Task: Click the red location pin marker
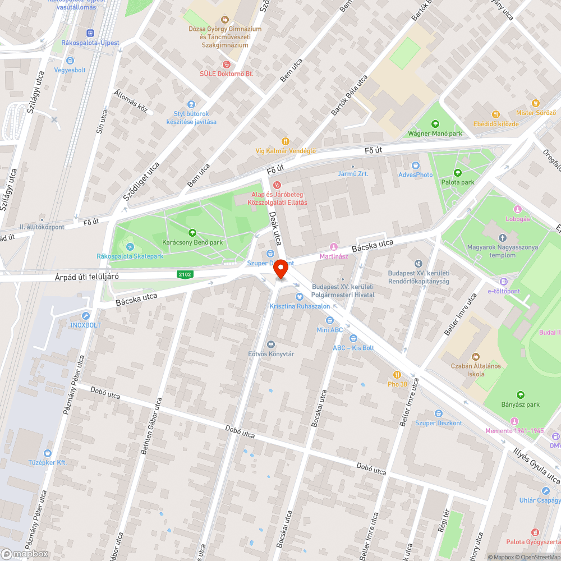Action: [x=280, y=270]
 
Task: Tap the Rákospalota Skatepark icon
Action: [x=130, y=247]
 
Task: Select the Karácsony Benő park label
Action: [x=192, y=242]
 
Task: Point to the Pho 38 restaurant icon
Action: [x=397, y=375]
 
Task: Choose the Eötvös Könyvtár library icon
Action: [x=272, y=344]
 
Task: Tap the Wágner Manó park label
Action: [x=435, y=134]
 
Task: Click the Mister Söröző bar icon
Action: [x=536, y=103]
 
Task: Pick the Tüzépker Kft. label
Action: [x=47, y=462]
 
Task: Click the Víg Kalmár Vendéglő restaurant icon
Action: [x=286, y=141]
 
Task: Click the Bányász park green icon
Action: [x=520, y=395]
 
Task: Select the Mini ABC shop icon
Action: [x=329, y=320]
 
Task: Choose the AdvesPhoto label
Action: [x=416, y=174]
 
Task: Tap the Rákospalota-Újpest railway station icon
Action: [x=90, y=33]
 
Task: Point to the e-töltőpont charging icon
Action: [x=503, y=282]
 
